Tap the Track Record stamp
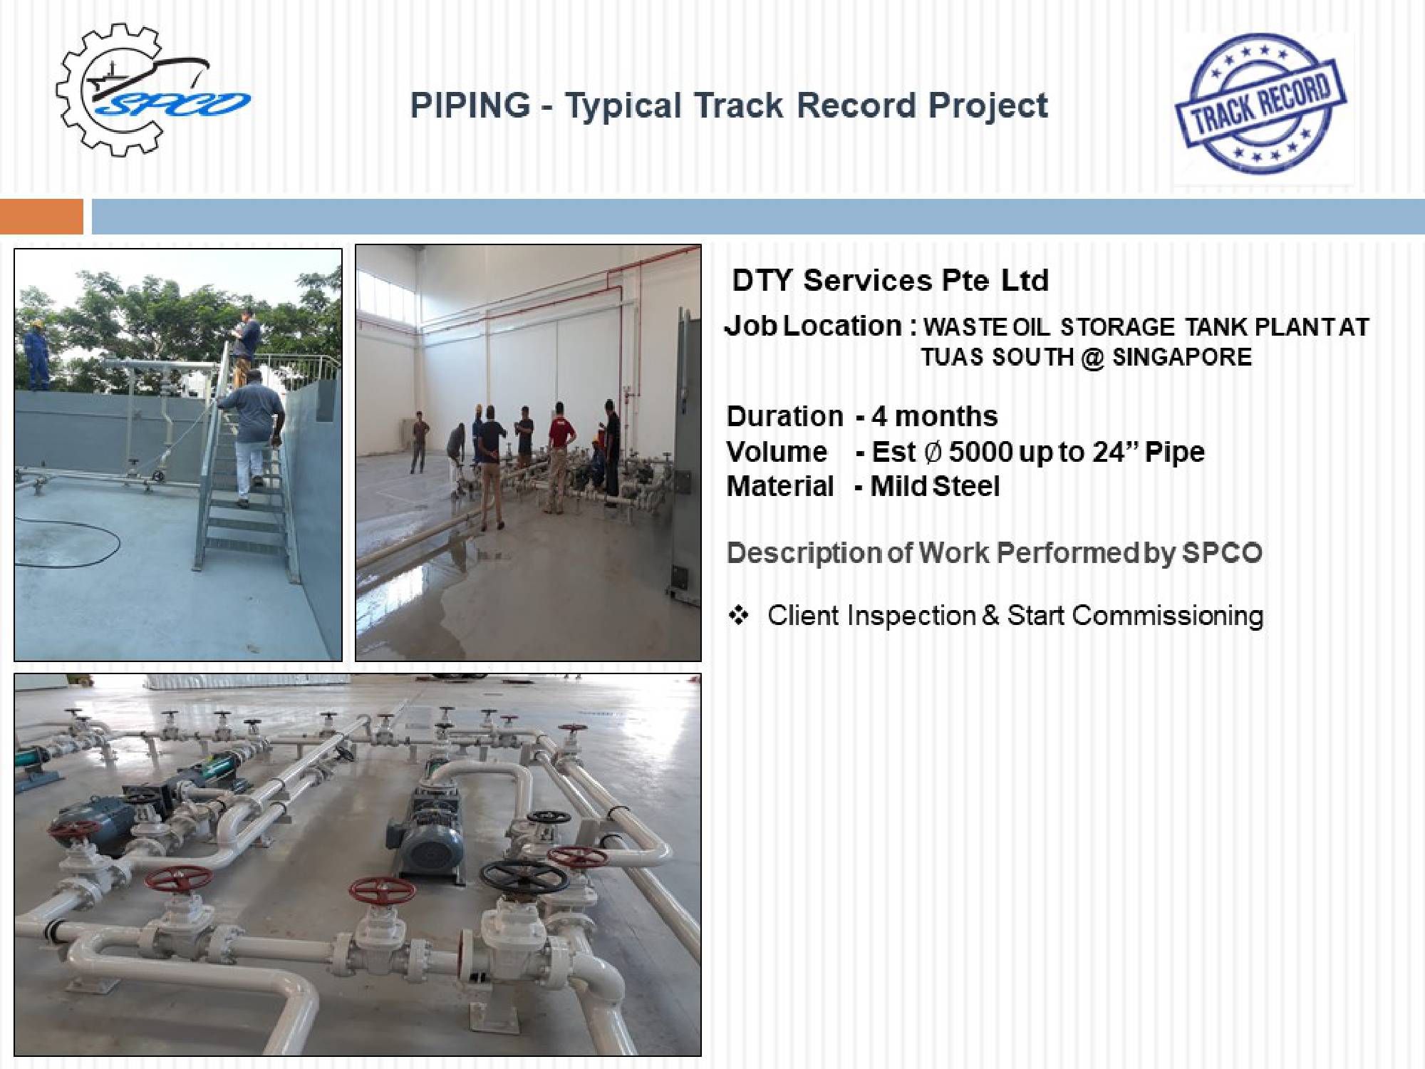click(1260, 104)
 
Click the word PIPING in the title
click(470, 105)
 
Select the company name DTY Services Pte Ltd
click(891, 280)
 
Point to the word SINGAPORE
click(1182, 356)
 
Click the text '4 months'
click(935, 416)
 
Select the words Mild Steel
click(935, 486)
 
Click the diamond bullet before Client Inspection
click(738, 615)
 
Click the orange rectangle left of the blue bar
click(41, 217)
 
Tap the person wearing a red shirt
click(559, 456)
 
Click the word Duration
click(784, 416)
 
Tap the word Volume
click(777, 452)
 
